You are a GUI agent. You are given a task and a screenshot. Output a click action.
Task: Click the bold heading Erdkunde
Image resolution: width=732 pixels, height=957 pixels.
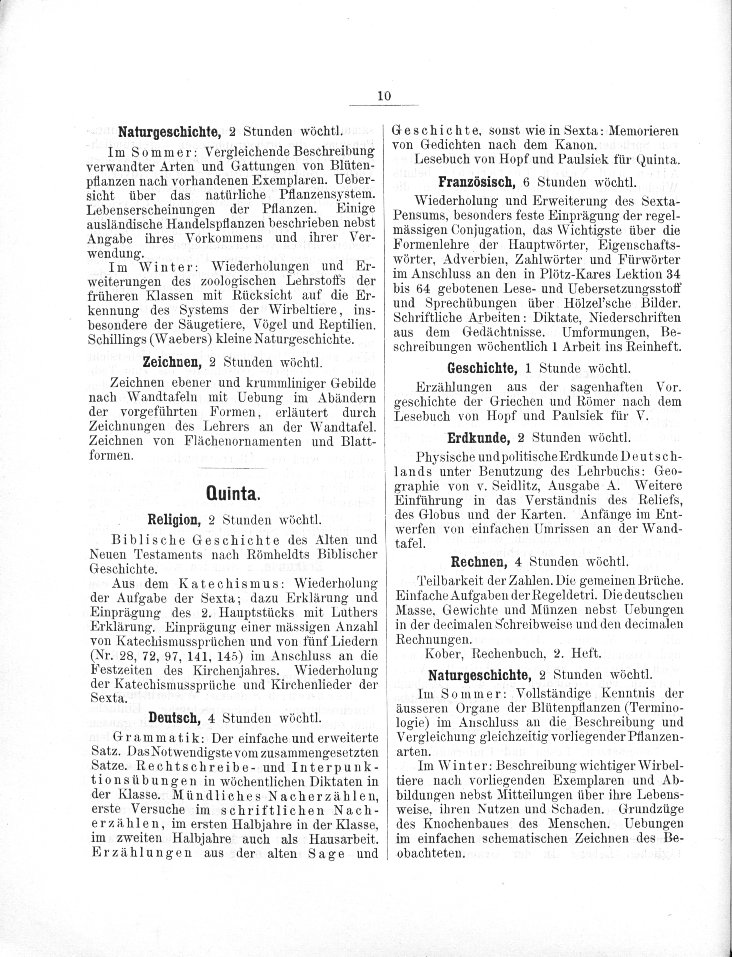[x=478, y=438]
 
